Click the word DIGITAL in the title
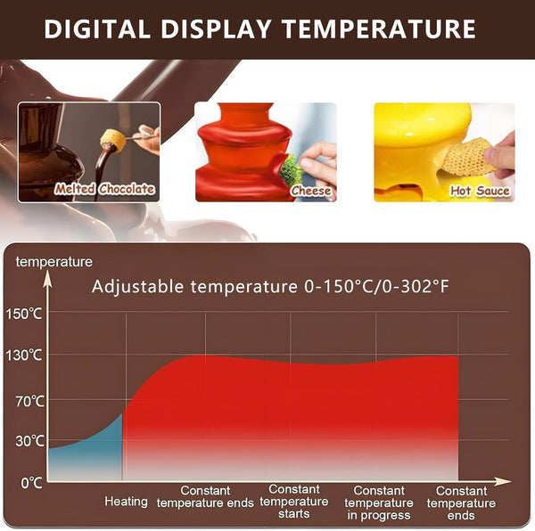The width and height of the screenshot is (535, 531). click(x=97, y=29)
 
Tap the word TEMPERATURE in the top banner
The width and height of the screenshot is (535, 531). click(x=380, y=29)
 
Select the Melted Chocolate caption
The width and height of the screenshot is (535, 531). click(x=104, y=189)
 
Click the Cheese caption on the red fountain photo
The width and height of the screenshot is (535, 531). click(x=311, y=191)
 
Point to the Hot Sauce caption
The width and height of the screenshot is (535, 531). click(x=480, y=191)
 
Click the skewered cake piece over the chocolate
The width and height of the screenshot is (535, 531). click(x=113, y=140)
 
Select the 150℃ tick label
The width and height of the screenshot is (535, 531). click(x=24, y=314)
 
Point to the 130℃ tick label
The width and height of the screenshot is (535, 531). click(x=24, y=355)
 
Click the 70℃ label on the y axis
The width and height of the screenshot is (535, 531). click(x=29, y=402)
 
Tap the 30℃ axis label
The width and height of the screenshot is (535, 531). click(x=29, y=441)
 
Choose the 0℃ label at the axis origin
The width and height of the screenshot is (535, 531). click(x=31, y=483)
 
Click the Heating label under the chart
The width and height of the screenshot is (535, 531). click(x=126, y=502)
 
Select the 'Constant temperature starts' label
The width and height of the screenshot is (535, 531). click(x=293, y=502)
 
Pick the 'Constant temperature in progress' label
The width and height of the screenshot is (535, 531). click(x=379, y=502)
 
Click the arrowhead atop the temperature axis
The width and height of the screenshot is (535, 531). click(x=48, y=280)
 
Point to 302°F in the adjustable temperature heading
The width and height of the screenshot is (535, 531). click(x=416, y=286)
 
